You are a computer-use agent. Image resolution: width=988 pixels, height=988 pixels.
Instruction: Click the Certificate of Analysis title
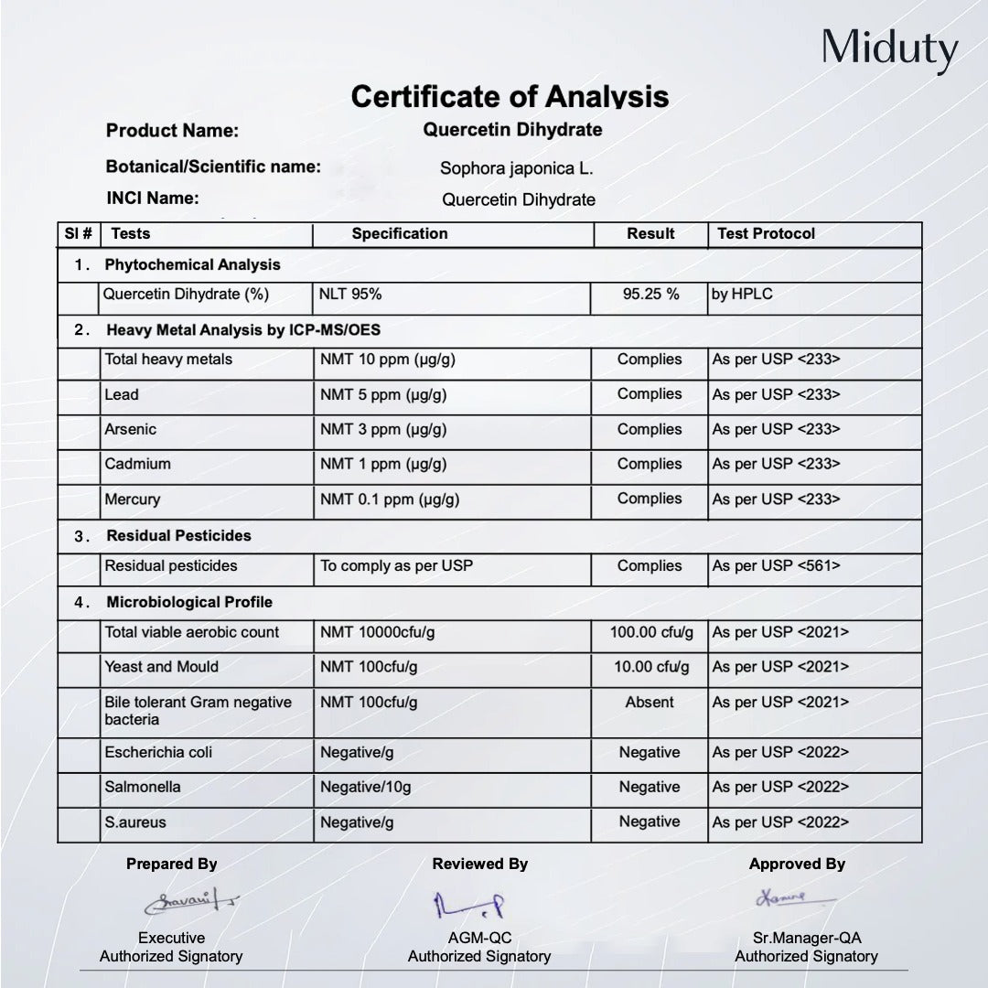tap(510, 97)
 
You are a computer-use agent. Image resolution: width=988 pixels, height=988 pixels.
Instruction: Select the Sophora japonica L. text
tap(516, 168)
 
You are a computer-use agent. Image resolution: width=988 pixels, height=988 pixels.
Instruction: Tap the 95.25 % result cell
tap(650, 295)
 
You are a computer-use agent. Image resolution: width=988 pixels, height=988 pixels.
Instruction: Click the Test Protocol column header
tap(766, 234)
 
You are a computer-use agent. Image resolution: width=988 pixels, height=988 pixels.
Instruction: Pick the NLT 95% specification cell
tap(351, 295)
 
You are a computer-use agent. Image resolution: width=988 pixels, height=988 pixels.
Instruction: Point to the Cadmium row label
tap(137, 464)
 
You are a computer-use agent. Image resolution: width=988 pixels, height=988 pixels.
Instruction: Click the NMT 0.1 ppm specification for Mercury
tap(389, 499)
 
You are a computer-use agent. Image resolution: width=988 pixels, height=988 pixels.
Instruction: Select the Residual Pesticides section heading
tap(178, 535)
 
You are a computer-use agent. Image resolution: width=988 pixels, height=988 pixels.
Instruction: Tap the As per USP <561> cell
tap(776, 566)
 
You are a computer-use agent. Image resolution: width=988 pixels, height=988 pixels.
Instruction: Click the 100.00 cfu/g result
tap(651, 632)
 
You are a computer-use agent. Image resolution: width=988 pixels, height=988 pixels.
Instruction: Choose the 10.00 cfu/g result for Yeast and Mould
tap(651, 667)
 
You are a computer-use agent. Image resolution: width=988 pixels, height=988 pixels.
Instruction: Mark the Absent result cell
tap(650, 703)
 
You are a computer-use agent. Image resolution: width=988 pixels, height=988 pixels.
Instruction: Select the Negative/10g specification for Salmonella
tap(365, 788)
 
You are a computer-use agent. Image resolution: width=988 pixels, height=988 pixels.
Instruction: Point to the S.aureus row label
tap(135, 822)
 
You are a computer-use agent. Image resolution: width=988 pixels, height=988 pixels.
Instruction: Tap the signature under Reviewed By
tap(469, 905)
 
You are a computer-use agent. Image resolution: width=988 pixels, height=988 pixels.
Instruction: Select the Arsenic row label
tap(131, 429)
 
